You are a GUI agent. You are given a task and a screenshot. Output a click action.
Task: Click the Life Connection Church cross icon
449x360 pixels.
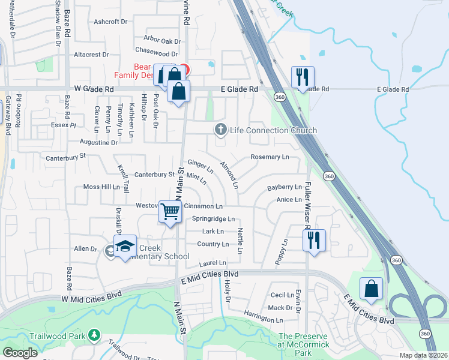(x=221, y=130)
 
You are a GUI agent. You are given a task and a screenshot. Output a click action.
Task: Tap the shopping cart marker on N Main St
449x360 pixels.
(x=170, y=211)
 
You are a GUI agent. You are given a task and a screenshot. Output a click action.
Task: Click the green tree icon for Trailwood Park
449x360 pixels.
(x=94, y=334)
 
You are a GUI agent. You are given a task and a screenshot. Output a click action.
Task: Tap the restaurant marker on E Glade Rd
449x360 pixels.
(x=301, y=77)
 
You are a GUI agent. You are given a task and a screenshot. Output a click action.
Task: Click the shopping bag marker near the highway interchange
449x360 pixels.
(x=372, y=289)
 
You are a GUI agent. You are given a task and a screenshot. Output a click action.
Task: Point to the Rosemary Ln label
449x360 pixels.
(x=270, y=157)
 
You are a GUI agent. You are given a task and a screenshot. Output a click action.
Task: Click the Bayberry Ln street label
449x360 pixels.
(x=284, y=188)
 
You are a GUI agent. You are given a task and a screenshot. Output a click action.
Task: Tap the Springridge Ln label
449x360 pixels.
(x=213, y=219)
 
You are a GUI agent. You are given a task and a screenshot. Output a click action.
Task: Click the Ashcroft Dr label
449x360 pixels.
(x=111, y=22)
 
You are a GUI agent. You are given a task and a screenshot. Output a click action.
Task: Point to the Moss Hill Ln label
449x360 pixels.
(x=101, y=187)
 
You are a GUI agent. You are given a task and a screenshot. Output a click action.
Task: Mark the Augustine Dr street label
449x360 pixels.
(x=98, y=143)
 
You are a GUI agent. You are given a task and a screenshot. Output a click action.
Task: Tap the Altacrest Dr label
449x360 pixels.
(x=91, y=54)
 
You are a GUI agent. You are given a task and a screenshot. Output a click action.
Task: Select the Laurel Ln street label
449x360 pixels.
(x=213, y=263)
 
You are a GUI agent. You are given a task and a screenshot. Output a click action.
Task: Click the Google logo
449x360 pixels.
(x=20, y=353)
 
